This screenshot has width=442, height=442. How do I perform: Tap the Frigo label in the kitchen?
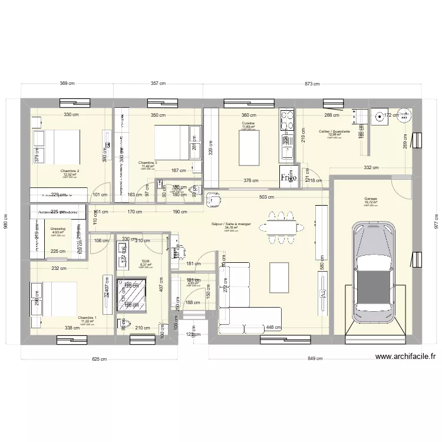tap(288, 177)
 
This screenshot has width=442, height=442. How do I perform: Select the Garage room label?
tap(370, 199)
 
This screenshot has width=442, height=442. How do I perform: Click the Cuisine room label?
tap(248, 123)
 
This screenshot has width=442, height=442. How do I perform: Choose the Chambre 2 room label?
tap(70, 171)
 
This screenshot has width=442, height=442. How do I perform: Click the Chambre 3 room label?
tap(147, 163)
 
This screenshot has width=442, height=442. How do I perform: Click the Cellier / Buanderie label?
tap(334, 131)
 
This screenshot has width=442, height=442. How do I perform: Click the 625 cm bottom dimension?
tap(99, 358)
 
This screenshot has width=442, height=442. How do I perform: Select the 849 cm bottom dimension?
tap(316, 358)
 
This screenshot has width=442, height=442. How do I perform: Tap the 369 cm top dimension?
tap(68, 84)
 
